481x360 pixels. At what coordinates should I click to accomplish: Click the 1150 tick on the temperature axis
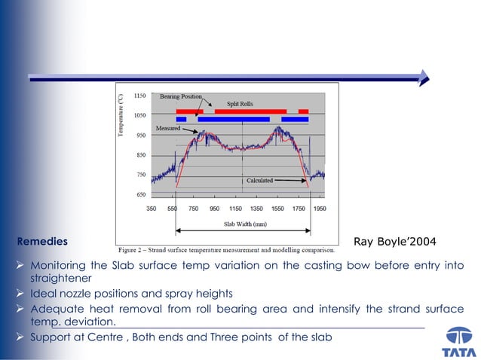140,96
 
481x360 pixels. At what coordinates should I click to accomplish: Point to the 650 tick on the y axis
141,194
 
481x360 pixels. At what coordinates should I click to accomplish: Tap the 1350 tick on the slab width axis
256,208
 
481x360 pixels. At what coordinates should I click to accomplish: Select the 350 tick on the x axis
151,208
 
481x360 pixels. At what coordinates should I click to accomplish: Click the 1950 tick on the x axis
320,208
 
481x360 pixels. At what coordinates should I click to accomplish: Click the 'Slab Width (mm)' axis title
246,224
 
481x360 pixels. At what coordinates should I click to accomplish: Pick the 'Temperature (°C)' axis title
121,114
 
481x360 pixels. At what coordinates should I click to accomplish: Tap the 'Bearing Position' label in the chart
180,96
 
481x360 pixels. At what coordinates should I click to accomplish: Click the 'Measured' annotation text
167,129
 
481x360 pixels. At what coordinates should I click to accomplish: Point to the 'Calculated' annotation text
259,181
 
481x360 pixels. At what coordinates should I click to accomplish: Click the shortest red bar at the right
303,111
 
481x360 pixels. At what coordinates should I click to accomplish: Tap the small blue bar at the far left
181,119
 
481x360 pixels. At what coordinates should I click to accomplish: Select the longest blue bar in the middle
234,119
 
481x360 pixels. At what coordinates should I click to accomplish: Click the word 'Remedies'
42,242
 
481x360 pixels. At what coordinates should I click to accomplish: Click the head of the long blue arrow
424,77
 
